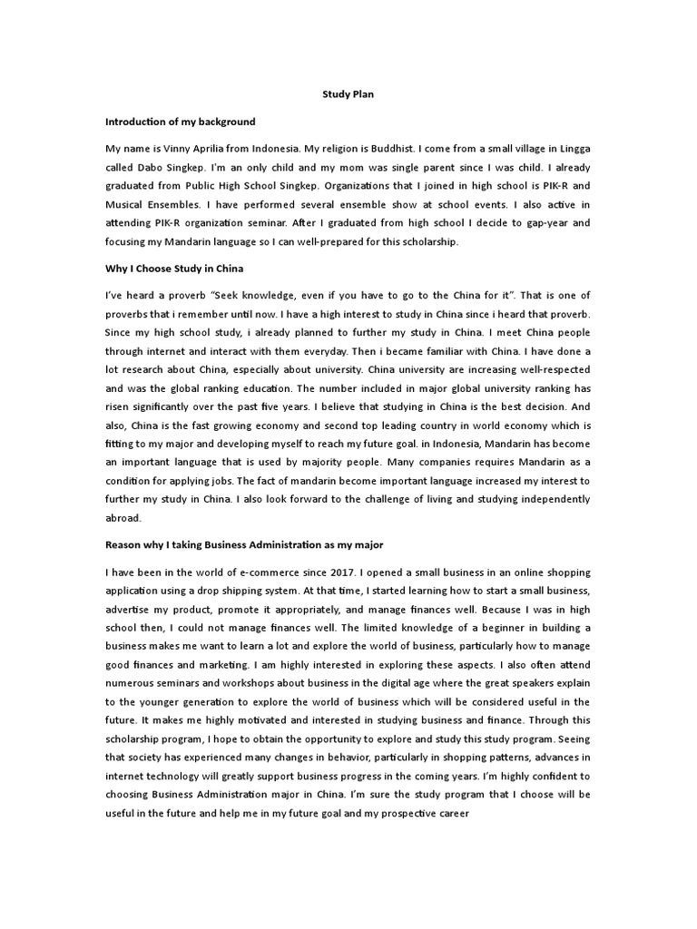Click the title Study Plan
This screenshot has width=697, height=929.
pos(348,93)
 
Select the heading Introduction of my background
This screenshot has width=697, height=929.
pos(181,121)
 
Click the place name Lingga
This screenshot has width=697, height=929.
pos(573,148)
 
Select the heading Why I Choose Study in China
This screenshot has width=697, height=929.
pos(174,270)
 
